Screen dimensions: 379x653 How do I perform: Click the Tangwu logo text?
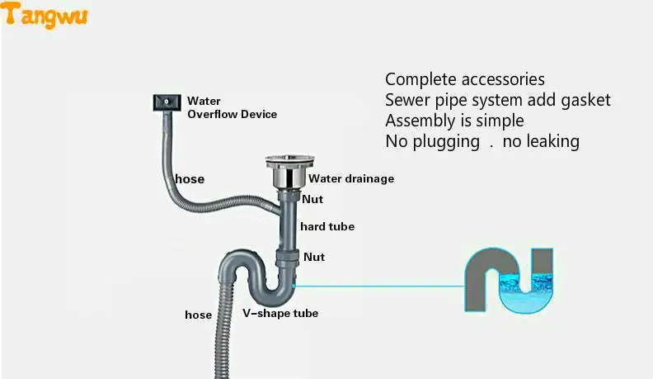pos(46,14)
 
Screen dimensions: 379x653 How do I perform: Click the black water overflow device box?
pos(165,102)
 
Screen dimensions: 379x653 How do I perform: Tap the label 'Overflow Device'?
pos(232,115)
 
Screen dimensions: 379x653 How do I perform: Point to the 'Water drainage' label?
pos(351,178)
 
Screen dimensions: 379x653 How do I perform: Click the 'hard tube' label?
pos(327,226)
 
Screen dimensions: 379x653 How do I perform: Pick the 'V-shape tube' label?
pos(280,314)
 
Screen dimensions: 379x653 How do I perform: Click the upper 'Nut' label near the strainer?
pos(312,199)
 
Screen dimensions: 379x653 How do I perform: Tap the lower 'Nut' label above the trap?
pos(314,257)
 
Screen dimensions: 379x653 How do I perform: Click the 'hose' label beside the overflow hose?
pos(190,179)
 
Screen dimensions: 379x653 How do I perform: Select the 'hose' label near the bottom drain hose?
pos(198,315)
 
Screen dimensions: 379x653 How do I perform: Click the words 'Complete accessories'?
pos(465,80)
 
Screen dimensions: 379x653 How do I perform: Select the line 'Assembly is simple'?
pos(454,121)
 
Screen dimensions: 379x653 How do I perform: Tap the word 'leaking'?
pos(552,141)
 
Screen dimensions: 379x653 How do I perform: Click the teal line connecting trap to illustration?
pos(379,286)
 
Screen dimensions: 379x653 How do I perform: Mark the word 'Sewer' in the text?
pos(406,100)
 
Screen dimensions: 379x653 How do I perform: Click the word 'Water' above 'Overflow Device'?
pos(204,102)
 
